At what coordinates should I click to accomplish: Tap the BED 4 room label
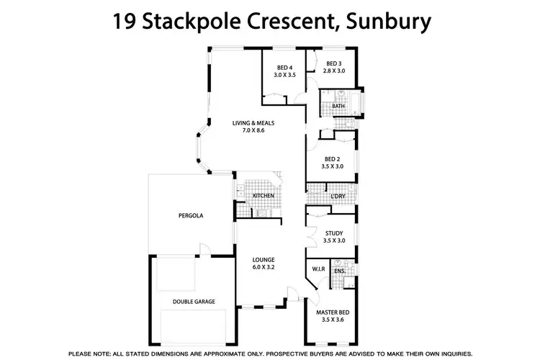285,68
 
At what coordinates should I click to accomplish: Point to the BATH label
338,107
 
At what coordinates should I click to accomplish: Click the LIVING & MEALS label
253,123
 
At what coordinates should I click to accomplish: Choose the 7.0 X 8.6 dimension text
253,130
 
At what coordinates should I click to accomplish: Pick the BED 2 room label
332,159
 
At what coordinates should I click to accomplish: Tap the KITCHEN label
263,197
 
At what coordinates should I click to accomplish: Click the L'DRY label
338,197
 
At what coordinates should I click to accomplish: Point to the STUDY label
333,233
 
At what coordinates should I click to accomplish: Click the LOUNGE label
264,259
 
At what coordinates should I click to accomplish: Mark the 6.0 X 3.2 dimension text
264,266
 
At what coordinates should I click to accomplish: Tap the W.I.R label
319,270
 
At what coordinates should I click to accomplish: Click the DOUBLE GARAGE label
193,302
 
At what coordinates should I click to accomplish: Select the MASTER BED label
332,313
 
